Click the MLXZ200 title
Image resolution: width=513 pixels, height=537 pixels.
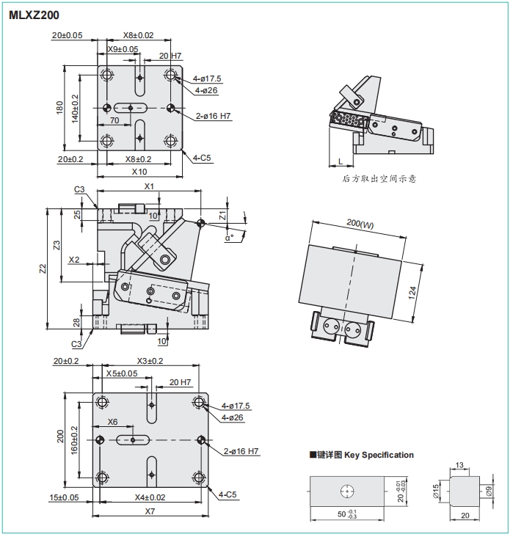click(x=34, y=14)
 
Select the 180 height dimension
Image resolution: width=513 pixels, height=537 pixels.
click(x=60, y=109)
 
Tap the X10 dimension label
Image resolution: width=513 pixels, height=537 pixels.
click(x=139, y=172)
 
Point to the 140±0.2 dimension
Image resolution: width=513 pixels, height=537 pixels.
click(x=76, y=109)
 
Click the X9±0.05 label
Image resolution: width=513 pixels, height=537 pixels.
click(x=123, y=49)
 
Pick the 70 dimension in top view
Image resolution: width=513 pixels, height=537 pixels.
click(x=114, y=120)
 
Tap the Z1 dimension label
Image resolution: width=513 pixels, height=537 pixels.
click(x=224, y=216)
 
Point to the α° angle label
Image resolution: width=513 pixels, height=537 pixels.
click(x=229, y=237)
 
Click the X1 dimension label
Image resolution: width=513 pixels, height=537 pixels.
click(x=149, y=186)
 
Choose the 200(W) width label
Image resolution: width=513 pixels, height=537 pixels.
click(x=360, y=224)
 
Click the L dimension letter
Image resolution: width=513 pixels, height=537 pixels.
click(x=341, y=161)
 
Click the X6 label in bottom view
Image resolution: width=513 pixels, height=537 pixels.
click(x=113, y=422)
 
